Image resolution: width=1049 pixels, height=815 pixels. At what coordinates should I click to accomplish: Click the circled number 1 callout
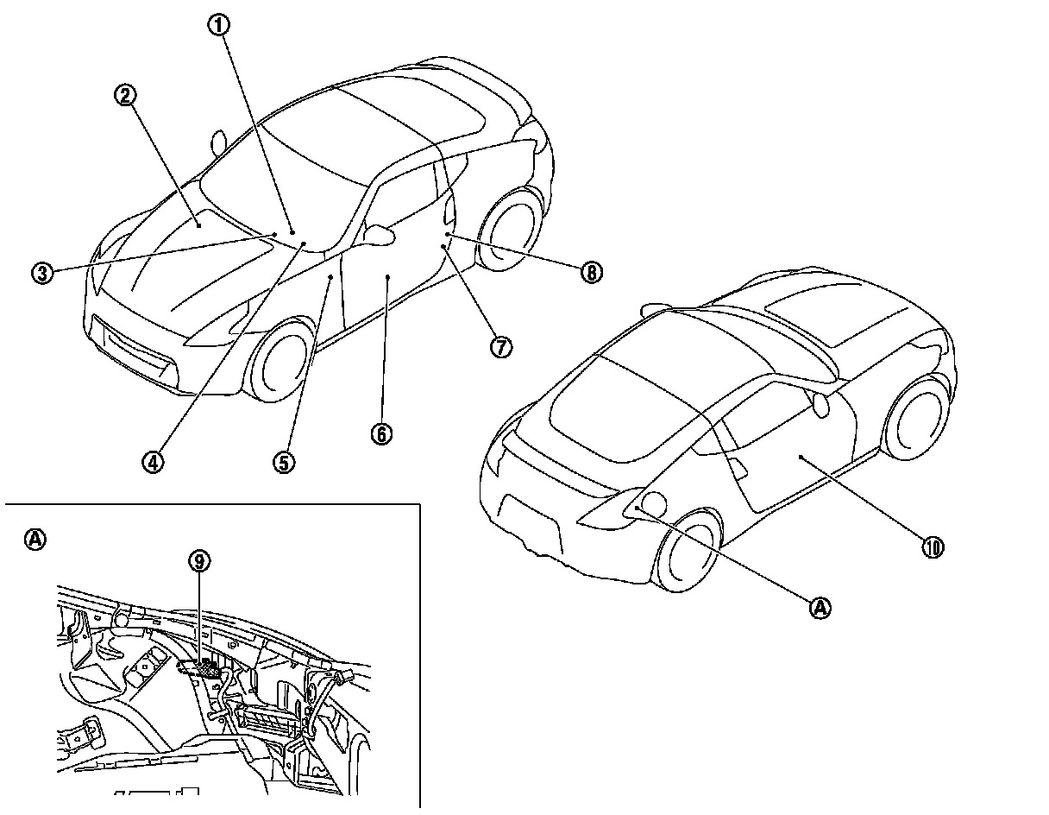219,24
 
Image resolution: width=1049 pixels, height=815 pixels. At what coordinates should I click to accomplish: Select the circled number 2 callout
126,94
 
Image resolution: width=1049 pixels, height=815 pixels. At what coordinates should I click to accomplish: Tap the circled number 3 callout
41,273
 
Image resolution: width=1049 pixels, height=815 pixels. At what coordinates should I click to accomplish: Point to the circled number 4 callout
152,461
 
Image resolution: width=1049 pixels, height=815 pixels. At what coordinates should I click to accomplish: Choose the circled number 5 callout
284,461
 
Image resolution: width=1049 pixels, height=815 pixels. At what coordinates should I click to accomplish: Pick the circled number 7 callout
501,346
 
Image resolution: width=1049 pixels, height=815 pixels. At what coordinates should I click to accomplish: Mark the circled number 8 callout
590,273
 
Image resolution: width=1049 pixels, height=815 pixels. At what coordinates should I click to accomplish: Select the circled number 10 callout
933,546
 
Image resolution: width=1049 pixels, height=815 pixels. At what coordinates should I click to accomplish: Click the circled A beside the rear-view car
820,607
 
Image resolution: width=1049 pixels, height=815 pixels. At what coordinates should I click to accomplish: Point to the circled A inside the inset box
35,540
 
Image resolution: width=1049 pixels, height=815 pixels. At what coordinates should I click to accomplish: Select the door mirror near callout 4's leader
380,233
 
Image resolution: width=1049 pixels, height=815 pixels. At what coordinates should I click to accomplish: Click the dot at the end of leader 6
388,277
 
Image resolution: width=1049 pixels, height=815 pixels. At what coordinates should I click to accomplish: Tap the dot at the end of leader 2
198,224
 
